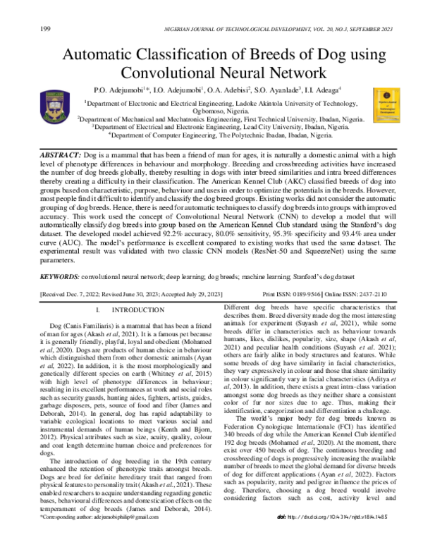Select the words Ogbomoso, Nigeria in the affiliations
pyautogui.click(x=211, y=111)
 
